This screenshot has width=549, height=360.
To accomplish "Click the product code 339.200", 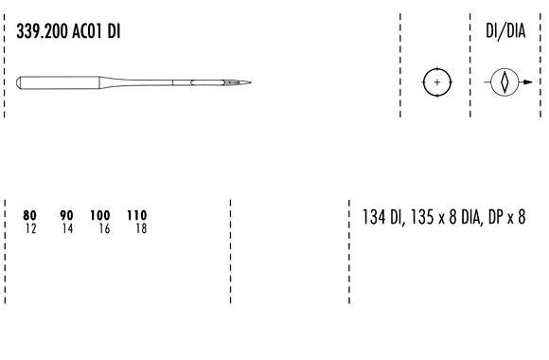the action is point(42,31).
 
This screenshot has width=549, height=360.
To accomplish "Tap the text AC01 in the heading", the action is point(87,31).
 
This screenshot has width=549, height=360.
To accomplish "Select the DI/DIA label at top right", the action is point(505,31).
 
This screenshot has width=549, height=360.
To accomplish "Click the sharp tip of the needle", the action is point(251,82).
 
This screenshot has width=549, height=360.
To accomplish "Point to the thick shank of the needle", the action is point(58,82).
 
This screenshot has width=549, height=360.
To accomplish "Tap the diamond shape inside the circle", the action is point(505,82).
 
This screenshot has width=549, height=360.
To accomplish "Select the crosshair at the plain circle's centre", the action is point(436,82).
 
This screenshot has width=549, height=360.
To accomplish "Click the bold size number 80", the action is point(29,215).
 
